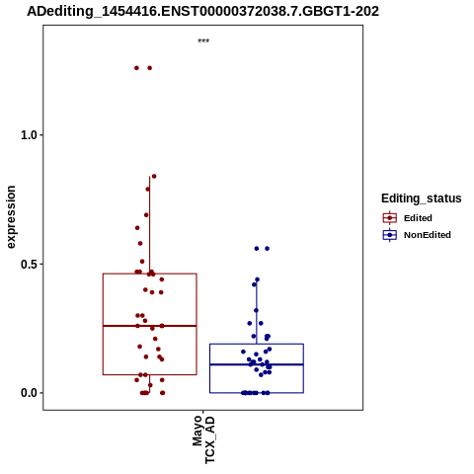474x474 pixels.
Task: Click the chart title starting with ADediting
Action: (202, 11)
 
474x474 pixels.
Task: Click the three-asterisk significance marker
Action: (203, 40)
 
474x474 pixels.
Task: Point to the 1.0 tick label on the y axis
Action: (28, 135)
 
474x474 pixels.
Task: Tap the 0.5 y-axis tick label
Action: (28, 264)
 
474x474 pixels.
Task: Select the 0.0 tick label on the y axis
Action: (28, 393)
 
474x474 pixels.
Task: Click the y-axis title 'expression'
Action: (11, 217)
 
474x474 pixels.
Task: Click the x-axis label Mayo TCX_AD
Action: (203, 439)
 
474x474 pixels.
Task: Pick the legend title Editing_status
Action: (422, 198)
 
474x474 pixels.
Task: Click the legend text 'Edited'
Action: (418, 218)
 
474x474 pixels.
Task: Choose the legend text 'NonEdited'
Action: (428, 235)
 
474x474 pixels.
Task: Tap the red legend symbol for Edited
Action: (390, 218)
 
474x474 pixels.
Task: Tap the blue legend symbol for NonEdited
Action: (390, 235)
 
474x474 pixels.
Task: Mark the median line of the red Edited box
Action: (150, 326)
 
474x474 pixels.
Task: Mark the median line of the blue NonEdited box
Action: (257, 364)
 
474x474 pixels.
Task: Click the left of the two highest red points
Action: (136, 68)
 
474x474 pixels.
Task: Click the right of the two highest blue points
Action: (268, 249)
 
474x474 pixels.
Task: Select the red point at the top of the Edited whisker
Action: (154, 177)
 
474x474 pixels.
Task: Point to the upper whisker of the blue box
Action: (257, 312)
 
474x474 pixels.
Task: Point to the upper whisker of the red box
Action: (150, 225)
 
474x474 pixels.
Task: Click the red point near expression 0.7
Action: (146, 215)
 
